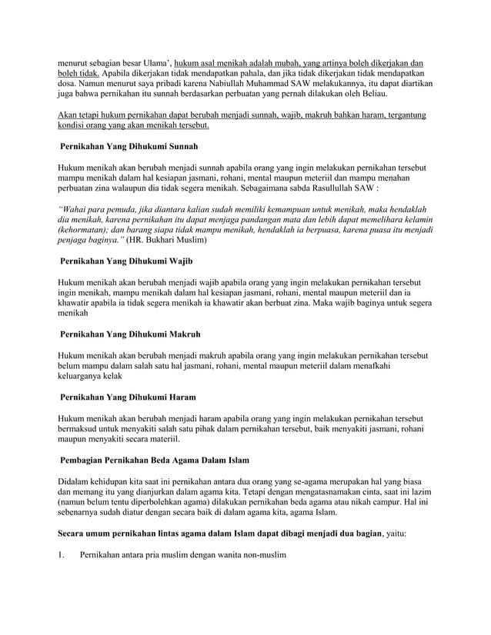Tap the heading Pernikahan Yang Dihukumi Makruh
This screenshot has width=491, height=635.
point(130,335)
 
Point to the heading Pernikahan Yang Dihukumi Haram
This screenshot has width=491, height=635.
point(128,397)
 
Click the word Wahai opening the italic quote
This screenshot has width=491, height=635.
point(75,210)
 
